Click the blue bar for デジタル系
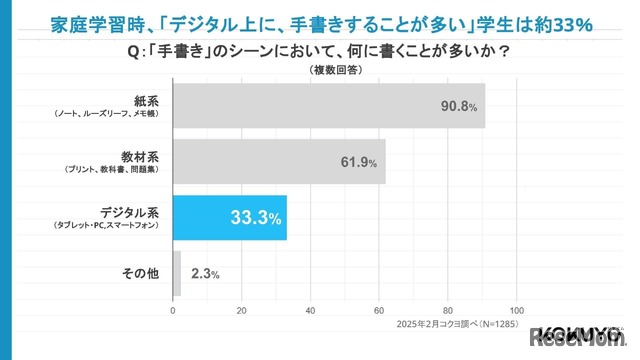230,218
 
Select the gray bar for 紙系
329,104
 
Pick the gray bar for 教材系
279,161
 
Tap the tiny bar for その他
177,274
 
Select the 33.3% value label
256,219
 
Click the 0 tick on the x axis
174,310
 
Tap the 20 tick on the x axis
242,310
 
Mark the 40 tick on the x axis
311,310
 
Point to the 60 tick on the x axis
380,310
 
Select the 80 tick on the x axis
449,310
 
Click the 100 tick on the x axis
517,310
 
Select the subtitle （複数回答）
319,71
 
